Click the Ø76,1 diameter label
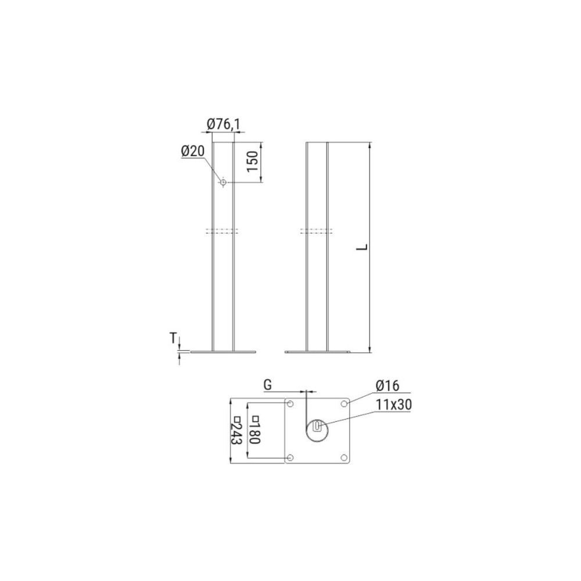224,124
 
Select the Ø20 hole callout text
193,151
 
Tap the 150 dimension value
252,161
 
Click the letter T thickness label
173,338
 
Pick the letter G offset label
267,385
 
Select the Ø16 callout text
388,386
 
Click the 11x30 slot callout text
394,405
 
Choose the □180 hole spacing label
255,430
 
